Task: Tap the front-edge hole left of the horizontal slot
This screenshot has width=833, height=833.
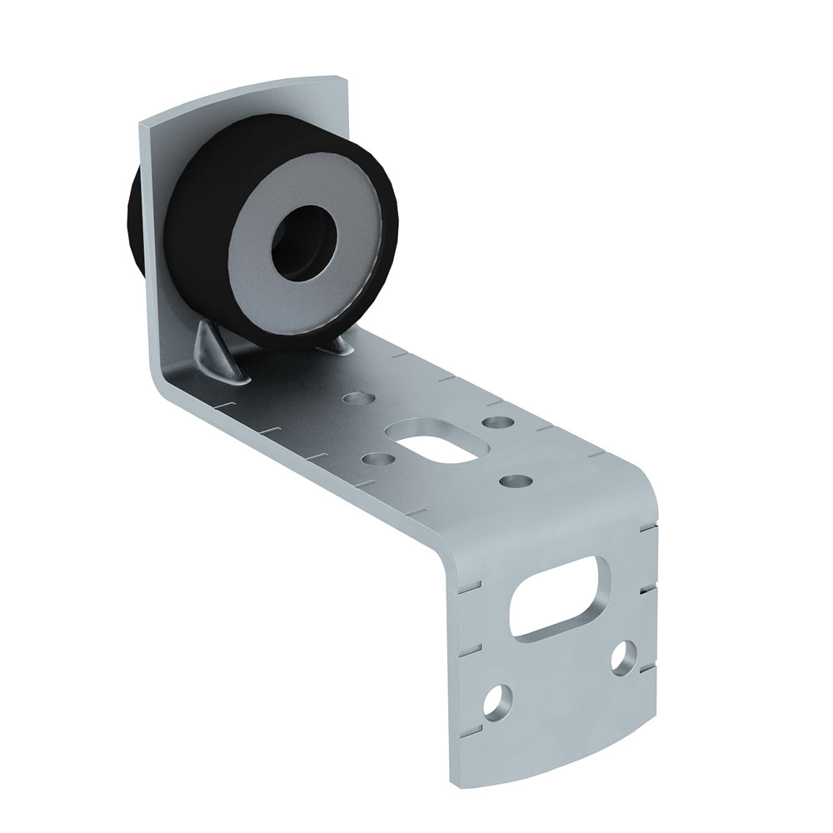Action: click(x=378, y=458)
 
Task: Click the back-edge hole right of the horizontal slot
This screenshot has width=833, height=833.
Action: click(x=498, y=423)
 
